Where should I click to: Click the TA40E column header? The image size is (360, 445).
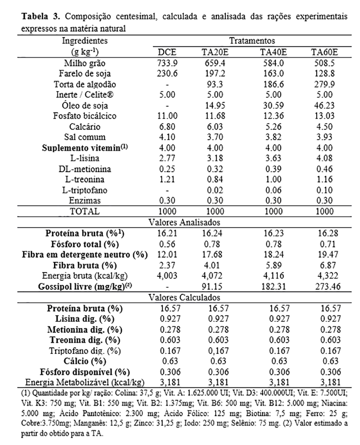pos(273,52)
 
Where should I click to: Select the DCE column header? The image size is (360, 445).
pos(167,52)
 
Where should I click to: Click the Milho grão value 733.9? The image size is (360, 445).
pos(167,63)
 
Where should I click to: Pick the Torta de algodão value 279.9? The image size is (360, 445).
pos(325,84)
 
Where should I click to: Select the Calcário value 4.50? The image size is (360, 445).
pos(325,126)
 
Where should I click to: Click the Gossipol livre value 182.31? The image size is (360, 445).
pos(273,286)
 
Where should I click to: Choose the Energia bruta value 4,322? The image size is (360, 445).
pos(325,276)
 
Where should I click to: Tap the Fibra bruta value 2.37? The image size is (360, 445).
pos(167,265)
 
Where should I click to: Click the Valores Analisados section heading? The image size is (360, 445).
pos(184,222)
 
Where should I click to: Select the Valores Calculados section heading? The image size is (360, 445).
pos(184,297)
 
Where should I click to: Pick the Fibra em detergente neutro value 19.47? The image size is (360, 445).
pos(325,255)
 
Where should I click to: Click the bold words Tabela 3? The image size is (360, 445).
pos(39,17)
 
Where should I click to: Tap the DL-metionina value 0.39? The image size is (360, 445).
pos(273,169)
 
